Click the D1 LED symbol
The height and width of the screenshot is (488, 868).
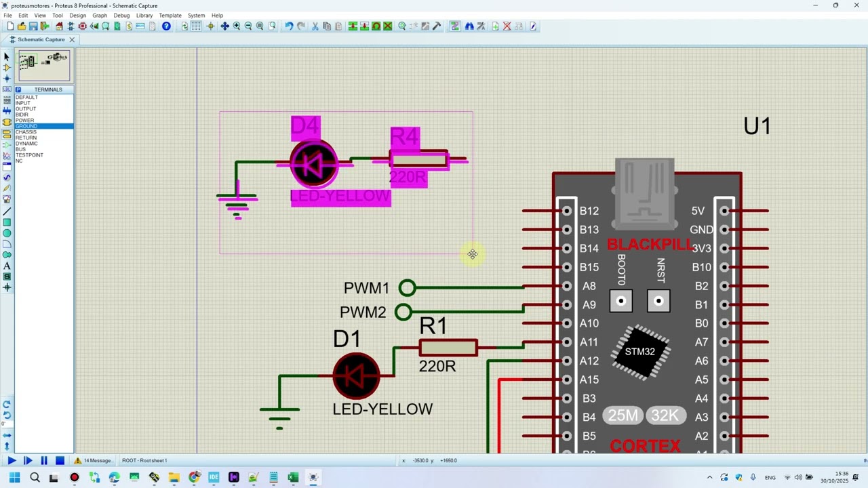click(x=356, y=375)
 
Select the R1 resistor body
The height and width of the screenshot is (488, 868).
click(x=448, y=348)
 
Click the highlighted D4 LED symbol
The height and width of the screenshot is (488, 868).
click(x=313, y=163)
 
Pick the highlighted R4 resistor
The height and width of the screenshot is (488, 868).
click(x=419, y=160)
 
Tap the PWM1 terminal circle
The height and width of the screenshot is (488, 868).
click(x=407, y=288)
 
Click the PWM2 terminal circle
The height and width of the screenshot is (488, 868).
click(x=403, y=312)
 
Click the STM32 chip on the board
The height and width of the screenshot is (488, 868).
click(x=640, y=352)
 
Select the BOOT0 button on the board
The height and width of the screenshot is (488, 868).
click(x=620, y=300)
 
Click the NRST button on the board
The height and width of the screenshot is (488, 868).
click(x=658, y=300)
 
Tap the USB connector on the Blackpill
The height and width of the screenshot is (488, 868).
click(x=644, y=193)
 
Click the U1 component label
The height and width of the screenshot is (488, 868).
click(x=757, y=126)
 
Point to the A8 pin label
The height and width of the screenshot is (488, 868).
click(x=588, y=286)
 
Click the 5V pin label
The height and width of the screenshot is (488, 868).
click(x=698, y=211)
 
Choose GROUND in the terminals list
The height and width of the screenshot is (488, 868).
click(x=26, y=126)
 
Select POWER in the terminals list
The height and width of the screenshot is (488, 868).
click(x=24, y=121)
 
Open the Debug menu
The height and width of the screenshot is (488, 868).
click(x=121, y=15)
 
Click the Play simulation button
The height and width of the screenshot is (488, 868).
click(x=12, y=460)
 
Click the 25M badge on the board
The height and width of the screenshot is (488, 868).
click(x=623, y=415)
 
